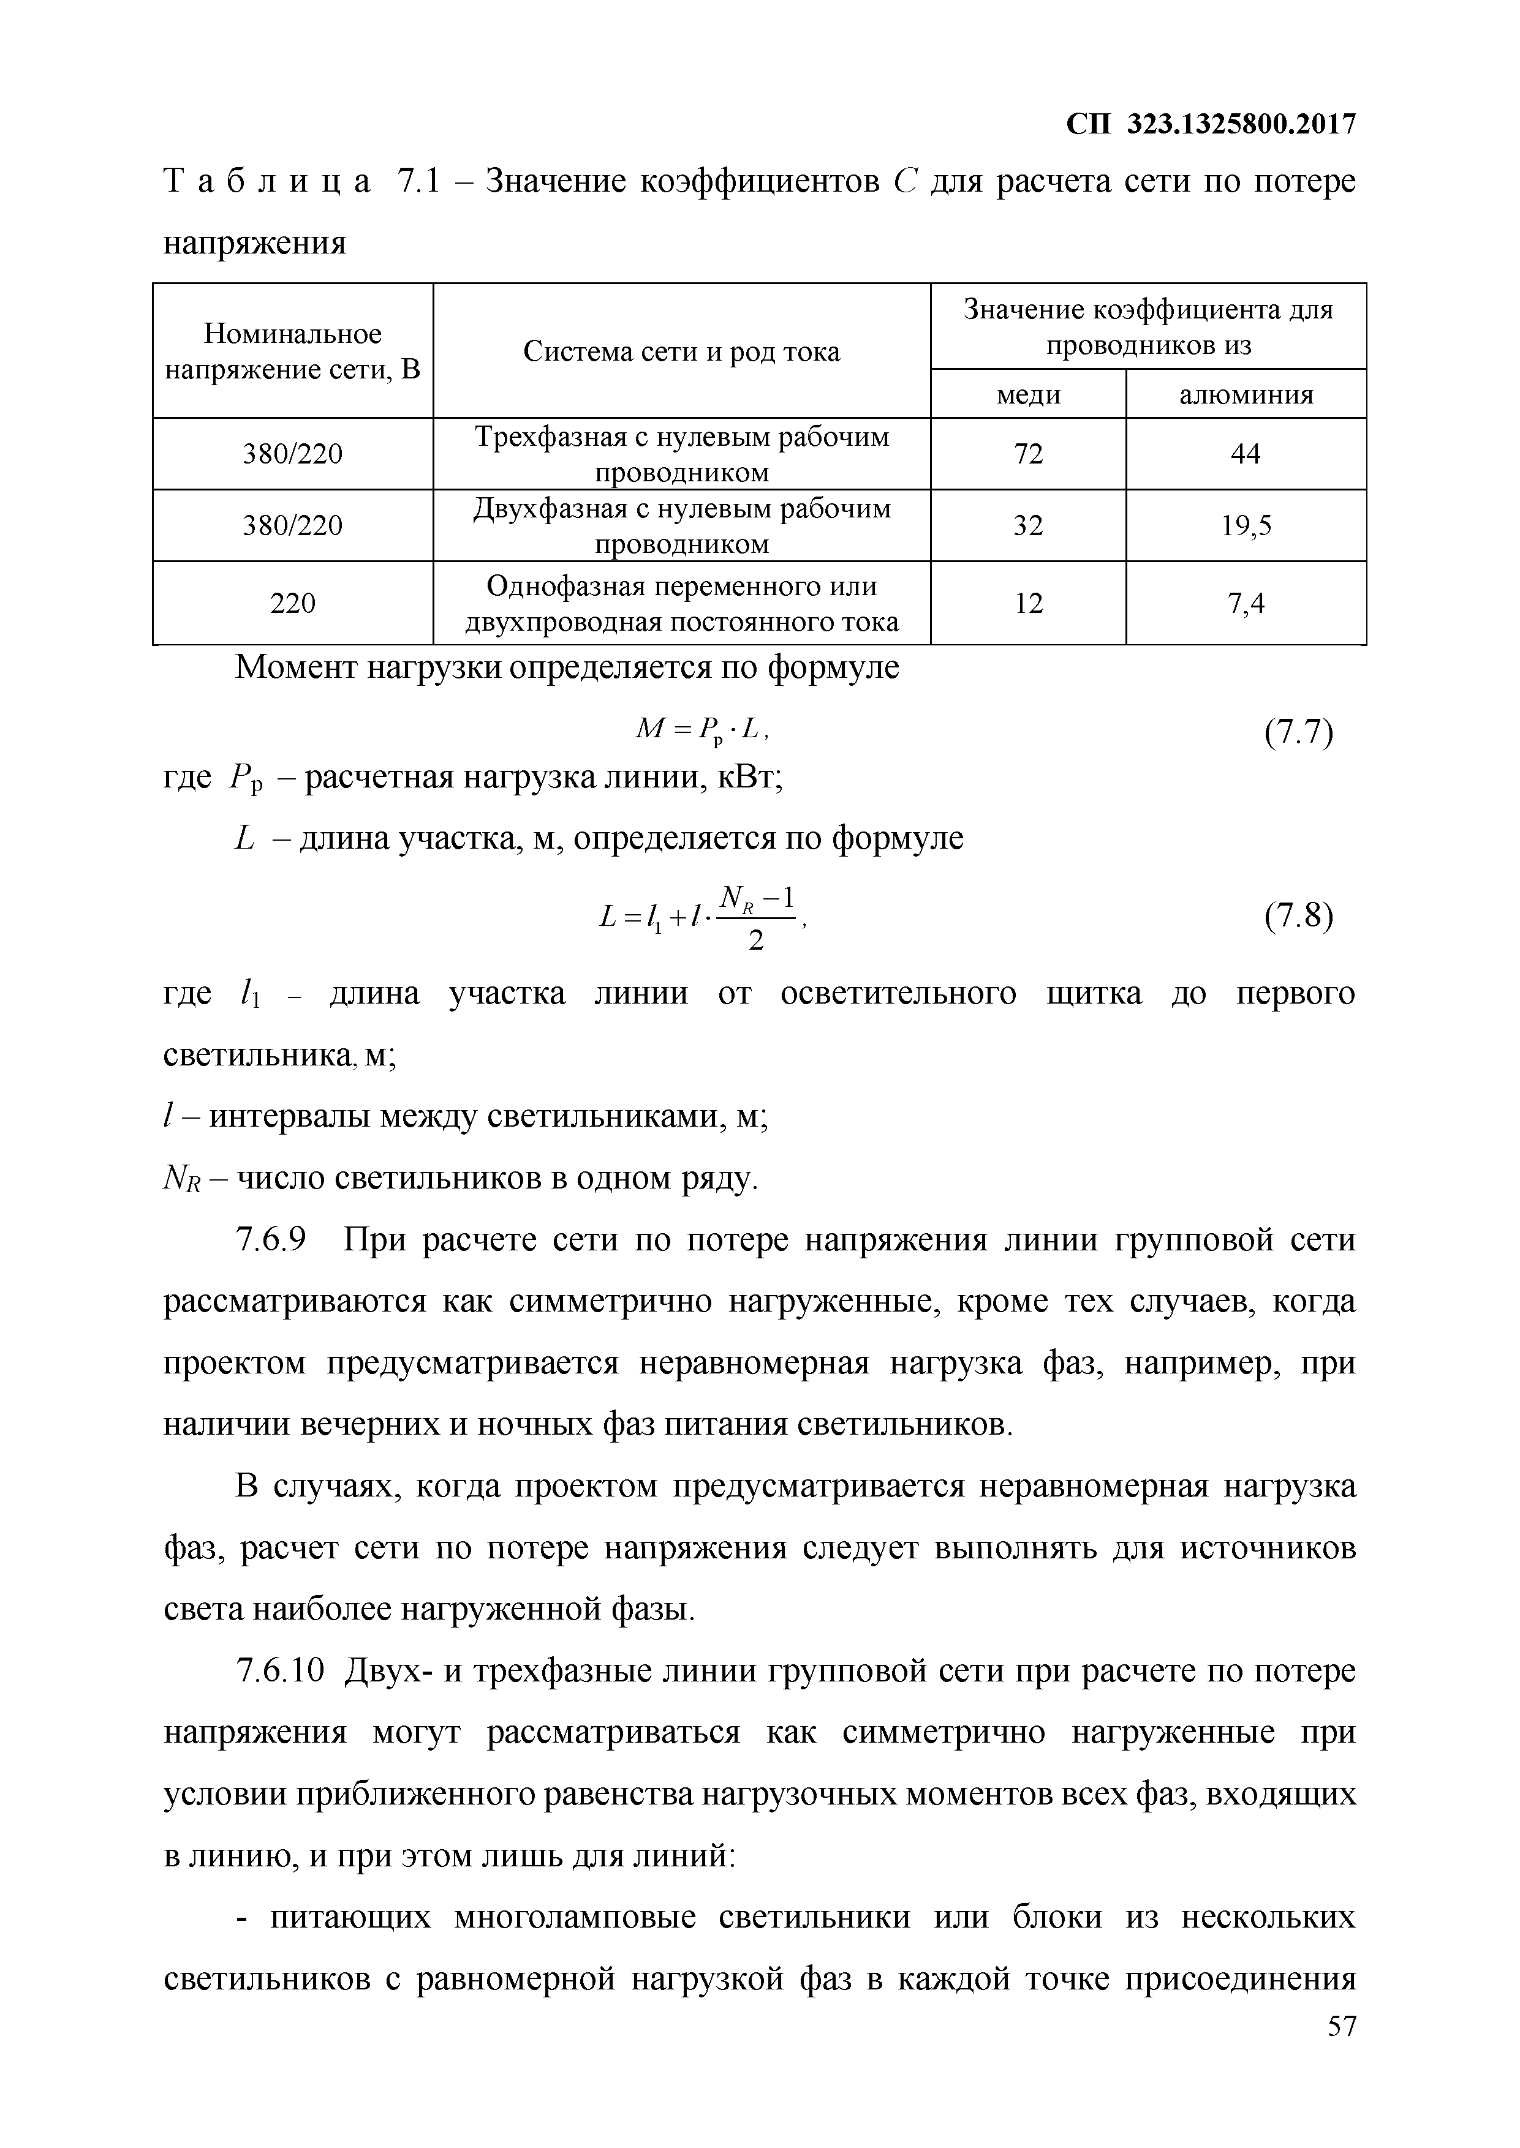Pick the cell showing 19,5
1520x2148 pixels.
(1246, 526)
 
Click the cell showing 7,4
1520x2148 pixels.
(1246, 603)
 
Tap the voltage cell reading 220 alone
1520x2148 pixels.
(293, 603)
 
